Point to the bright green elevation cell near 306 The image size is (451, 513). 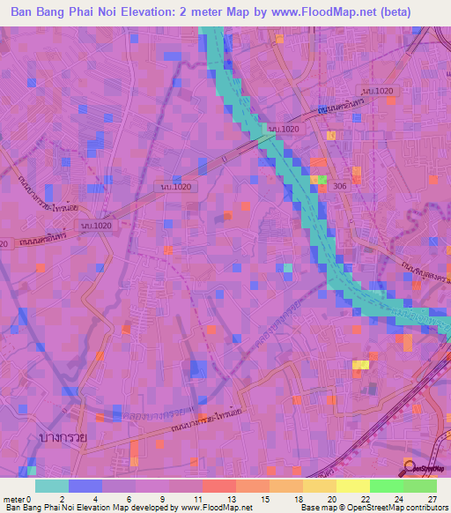(322, 181)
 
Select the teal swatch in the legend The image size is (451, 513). (51, 486)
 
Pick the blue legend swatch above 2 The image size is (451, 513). (85, 486)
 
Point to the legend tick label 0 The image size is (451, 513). (35, 499)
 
